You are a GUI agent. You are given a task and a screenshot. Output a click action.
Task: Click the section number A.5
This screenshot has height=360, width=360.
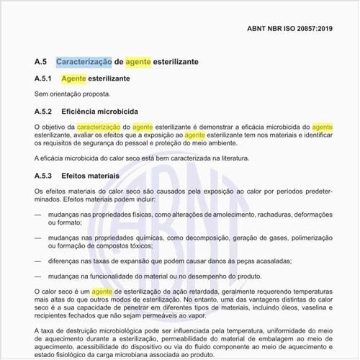point(42,62)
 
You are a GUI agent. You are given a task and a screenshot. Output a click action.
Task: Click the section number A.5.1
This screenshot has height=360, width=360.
point(44,78)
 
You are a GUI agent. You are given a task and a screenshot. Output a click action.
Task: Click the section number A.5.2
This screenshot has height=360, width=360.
point(44,112)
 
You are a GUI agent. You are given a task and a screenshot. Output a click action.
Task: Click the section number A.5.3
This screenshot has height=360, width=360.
point(44,175)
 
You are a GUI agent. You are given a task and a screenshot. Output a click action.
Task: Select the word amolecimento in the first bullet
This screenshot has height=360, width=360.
point(229,215)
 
